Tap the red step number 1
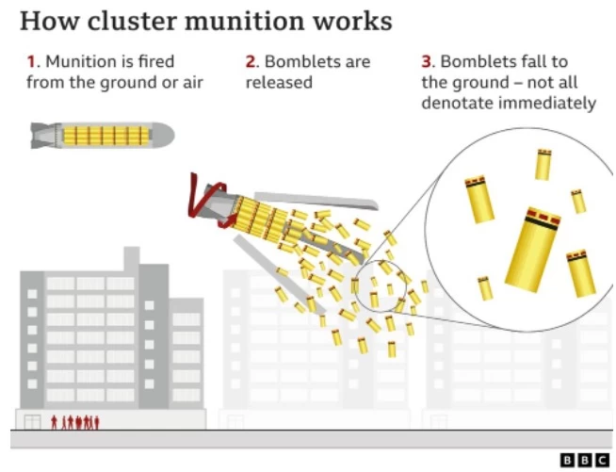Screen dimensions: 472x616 tap(31, 61)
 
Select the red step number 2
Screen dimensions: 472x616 tap(251, 61)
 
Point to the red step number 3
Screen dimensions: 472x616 tap(426, 61)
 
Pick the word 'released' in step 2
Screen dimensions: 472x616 tap(279, 82)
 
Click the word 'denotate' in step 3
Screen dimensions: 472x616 tap(458, 103)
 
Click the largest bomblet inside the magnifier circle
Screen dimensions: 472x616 tap(532, 246)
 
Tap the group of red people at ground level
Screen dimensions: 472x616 tap(76, 421)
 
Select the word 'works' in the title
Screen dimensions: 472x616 tap(349, 20)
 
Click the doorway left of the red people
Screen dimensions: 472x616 tap(33, 422)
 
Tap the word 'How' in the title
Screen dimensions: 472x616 tap(45, 20)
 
